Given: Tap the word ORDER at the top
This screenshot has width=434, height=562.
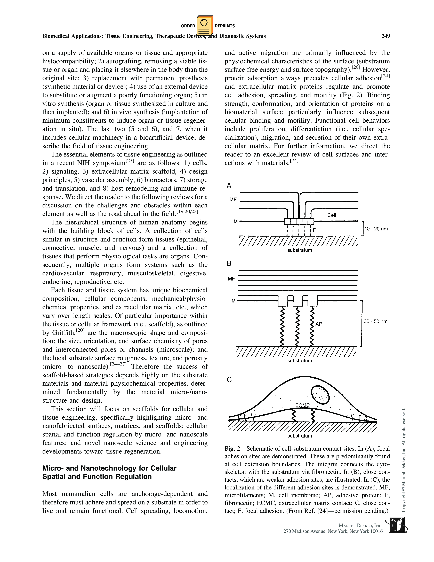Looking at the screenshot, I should [188, 26].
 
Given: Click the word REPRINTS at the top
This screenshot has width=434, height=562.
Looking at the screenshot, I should [225, 26].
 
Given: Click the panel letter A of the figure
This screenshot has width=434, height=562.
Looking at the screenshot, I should [229, 186].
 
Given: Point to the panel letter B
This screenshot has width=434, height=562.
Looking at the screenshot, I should [229, 263].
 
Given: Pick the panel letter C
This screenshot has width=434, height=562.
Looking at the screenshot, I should [229, 380].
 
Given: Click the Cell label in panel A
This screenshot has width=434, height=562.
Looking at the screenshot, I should [331, 215].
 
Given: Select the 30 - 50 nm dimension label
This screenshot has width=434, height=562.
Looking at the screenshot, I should [375, 321].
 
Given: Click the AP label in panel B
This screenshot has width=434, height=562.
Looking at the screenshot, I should [319, 324].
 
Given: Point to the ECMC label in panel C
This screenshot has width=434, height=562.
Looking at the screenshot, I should [303, 405].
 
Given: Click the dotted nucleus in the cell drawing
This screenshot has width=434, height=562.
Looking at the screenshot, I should [320, 394].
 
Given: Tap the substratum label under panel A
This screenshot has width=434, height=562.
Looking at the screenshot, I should [300, 250].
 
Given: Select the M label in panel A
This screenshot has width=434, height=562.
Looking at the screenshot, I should [236, 221].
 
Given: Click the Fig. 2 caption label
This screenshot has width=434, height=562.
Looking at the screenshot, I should [232, 449].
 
